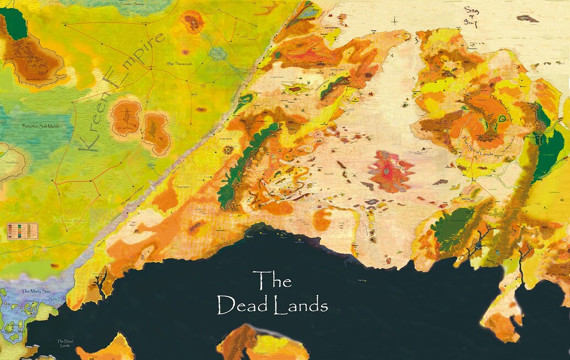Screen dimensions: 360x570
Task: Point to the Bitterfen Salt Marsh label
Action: pyautogui.click(x=39, y=126)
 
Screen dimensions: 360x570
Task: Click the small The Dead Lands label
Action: pyautogui.click(x=65, y=343)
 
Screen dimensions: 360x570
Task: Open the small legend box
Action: pyautogui.click(x=23, y=230)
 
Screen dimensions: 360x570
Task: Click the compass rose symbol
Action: pyautogui.click(x=395, y=21)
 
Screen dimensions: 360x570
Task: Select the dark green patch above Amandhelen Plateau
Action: pyautogui.click(x=15, y=25)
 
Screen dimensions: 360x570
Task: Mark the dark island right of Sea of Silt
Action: pyautogui.click(x=527, y=18)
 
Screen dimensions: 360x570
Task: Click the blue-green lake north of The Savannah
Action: pyautogui.click(x=219, y=53)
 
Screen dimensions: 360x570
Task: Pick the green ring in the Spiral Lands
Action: pyautogui.click(x=501, y=117)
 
